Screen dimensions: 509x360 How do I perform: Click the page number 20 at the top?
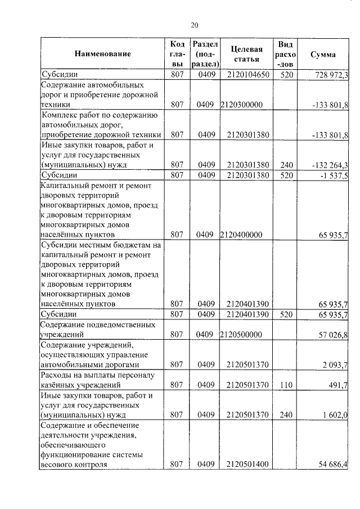click(x=195, y=25)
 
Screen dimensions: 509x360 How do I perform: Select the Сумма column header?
click(x=323, y=55)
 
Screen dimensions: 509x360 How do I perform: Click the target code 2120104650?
click(x=247, y=75)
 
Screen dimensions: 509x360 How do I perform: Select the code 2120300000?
click(x=242, y=105)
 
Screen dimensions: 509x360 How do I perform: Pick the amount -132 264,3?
click(x=330, y=165)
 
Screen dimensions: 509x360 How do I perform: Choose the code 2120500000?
click(x=242, y=335)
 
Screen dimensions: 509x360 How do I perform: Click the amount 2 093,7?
click(x=335, y=365)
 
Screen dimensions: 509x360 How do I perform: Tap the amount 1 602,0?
click(x=335, y=415)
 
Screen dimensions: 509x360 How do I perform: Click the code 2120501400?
click(x=247, y=465)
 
